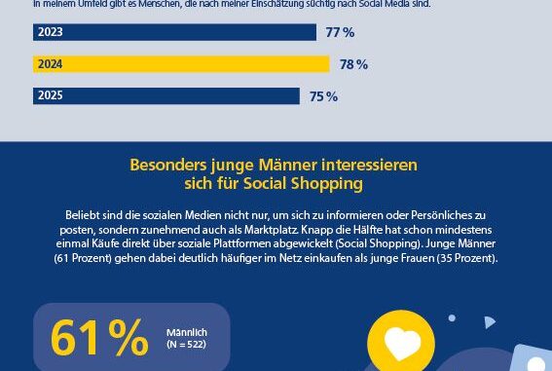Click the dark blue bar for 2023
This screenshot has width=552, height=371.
tap(175, 32)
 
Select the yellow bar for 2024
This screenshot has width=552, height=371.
tap(181, 64)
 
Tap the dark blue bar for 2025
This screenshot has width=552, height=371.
tap(166, 96)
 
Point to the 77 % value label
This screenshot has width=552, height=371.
tap(340, 33)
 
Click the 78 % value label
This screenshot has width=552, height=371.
tap(353, 65)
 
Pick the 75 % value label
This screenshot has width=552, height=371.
tap(323, 96)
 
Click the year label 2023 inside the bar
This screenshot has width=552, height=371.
tap(50, 32)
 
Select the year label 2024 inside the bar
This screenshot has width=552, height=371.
tap(50, 64)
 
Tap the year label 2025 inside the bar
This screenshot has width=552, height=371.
tap(50, 96)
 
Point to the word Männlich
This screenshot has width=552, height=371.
tap(186, 332)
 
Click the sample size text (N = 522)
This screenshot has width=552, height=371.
tap(186, 346)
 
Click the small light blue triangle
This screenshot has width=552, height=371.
tap(490, 322)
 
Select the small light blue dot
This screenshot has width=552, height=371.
tap(452, 317)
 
